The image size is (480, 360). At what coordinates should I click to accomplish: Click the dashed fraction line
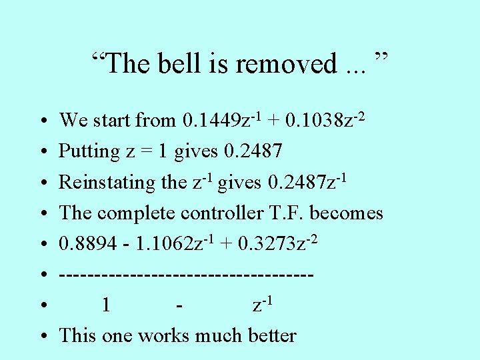tap(186, 275)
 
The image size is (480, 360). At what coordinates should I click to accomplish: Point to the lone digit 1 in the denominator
tap(105, 306)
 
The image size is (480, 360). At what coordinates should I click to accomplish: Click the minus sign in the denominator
tap(179, 306)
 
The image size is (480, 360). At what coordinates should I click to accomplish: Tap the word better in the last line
tap(272, 335)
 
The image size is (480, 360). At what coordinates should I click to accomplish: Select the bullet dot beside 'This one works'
tap(42, 336)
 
